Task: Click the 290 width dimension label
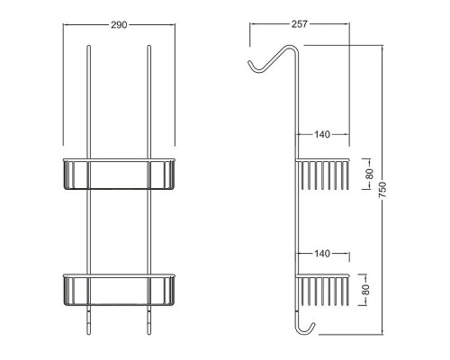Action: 119,25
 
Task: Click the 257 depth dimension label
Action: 300,24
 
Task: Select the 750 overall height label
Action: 382,190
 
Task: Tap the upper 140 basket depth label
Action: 322,134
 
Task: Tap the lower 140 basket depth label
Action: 322,254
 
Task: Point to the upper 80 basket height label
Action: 370,174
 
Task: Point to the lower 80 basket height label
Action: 365,290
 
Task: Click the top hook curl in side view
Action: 255,67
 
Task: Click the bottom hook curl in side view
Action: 305,329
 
